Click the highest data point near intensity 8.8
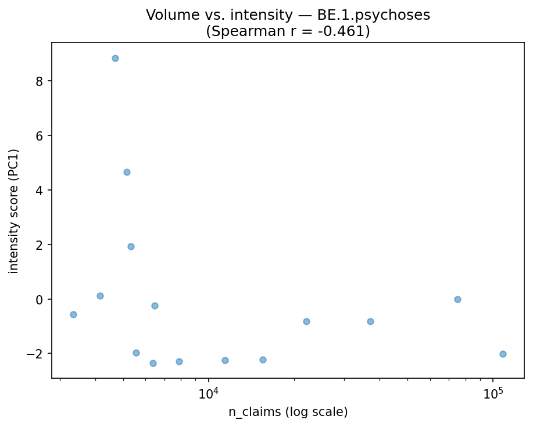click(x=115, y=58)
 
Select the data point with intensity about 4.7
click(x=127, y=172)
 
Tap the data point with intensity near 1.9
click(x=131, y=246)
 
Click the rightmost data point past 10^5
click(x=503, y=354)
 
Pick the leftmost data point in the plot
click(x=73, y=314)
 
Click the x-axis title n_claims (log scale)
click(x=288, y=412)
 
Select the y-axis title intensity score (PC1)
click(x=14, y=210)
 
